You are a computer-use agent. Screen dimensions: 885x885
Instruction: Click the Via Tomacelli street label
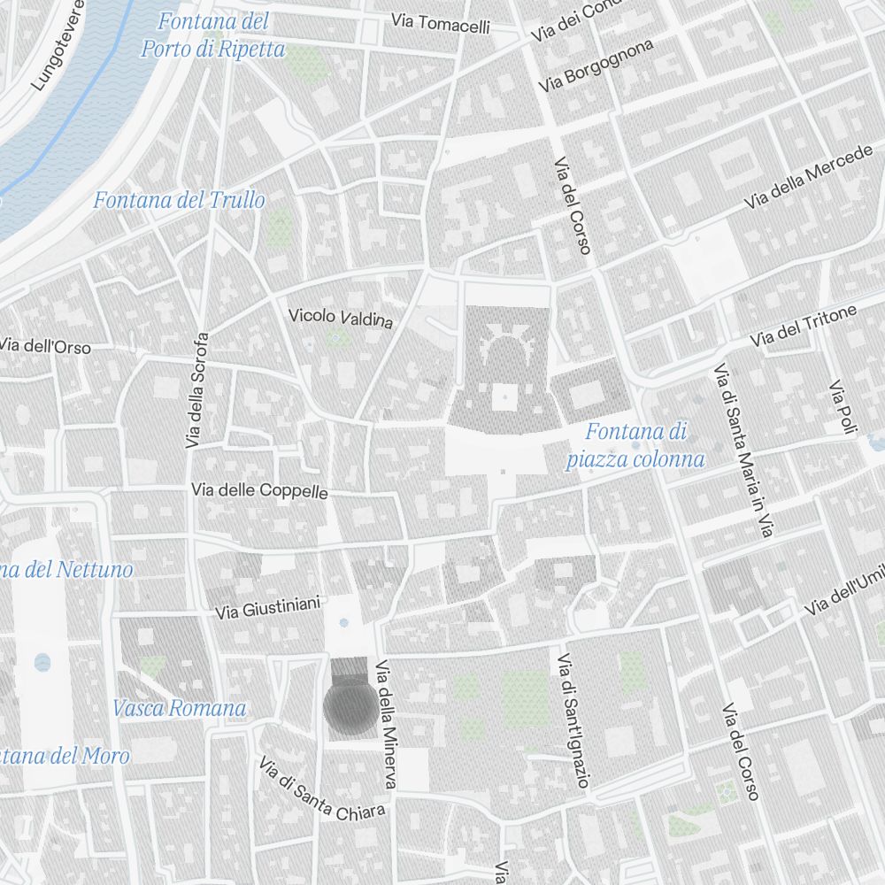[441, 24]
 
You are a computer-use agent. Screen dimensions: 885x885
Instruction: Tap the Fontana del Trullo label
[179, 201]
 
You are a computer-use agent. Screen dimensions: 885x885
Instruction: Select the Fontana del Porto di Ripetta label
[213, 35]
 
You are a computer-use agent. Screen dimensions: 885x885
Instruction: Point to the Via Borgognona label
[596, 65]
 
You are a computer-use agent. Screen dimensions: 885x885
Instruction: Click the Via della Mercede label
[808, 178]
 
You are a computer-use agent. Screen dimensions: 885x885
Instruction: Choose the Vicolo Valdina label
[341, 317]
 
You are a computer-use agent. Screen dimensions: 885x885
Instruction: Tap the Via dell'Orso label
[45, 346]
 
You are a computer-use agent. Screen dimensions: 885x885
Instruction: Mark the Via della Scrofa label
[197, 389]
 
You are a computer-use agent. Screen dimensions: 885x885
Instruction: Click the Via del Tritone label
[804, 327]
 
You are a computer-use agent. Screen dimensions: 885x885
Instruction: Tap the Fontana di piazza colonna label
[635, 445]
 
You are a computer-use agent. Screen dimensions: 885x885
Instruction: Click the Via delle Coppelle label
[259, 490]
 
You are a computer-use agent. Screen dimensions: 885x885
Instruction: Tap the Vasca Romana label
[179, 708]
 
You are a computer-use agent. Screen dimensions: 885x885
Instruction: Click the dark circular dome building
[350, 707]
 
